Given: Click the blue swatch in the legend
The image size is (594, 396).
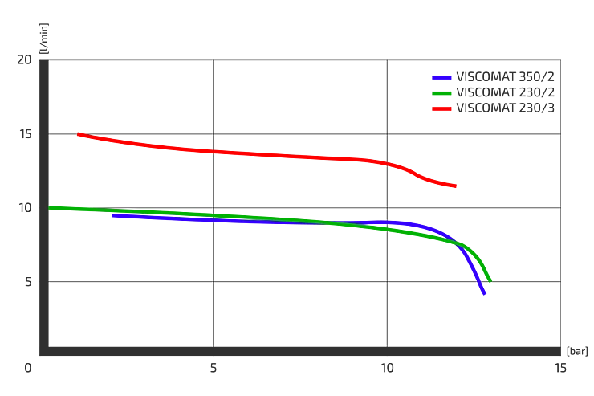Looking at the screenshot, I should pos(442,78).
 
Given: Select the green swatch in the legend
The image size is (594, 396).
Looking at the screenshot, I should pos(442,93).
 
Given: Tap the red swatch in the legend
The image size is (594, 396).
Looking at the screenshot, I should pos(442,108).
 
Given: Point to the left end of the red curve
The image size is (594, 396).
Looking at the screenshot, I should pos(79,133).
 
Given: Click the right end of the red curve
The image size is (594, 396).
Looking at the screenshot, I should pos(457,186).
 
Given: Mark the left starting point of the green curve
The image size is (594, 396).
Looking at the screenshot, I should pos(51,208).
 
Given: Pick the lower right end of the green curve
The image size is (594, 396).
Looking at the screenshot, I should pos(490,280).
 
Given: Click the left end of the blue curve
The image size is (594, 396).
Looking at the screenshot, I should pos(112,215).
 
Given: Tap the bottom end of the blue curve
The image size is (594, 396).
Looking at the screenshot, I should pos(483,292).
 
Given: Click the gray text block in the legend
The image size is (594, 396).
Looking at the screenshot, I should pos(507,92).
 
